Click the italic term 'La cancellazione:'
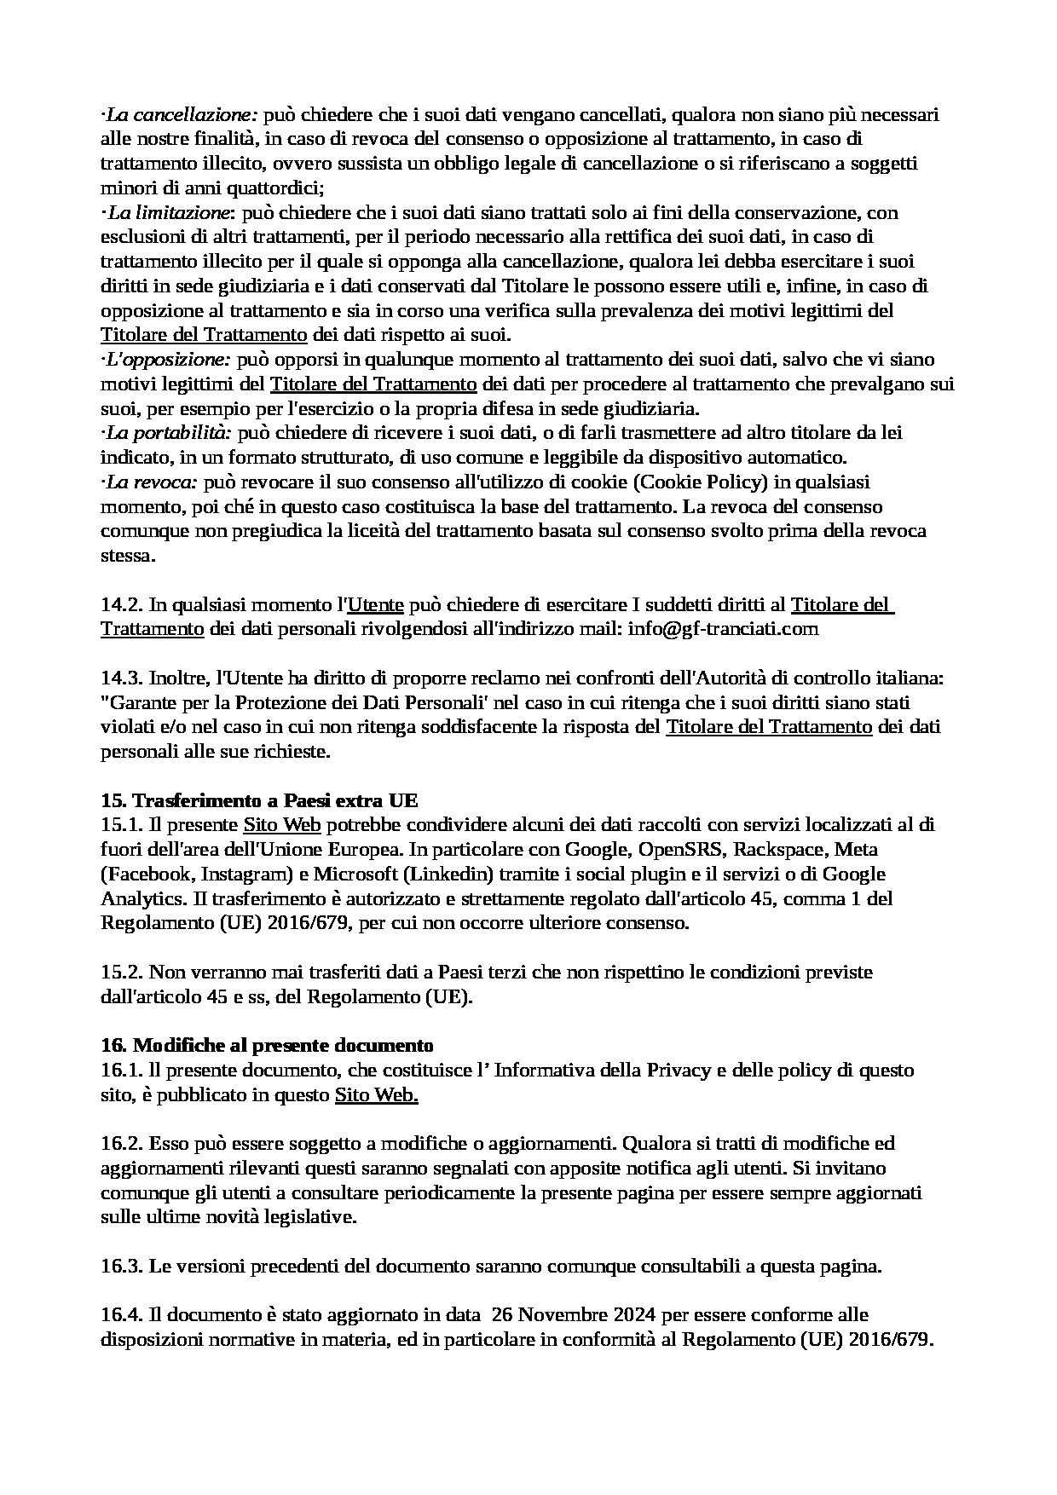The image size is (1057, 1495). (x=180, y=114)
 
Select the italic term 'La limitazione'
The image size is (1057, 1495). (x=170, y=211)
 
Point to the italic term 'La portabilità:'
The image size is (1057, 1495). (x=170, y=433)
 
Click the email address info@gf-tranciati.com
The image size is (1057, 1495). (x=723, y=629)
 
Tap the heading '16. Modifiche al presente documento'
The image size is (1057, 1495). (x=267, y=1045)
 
